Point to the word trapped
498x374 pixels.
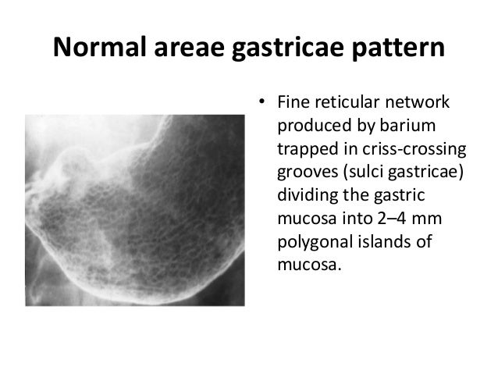click(306, 149)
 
